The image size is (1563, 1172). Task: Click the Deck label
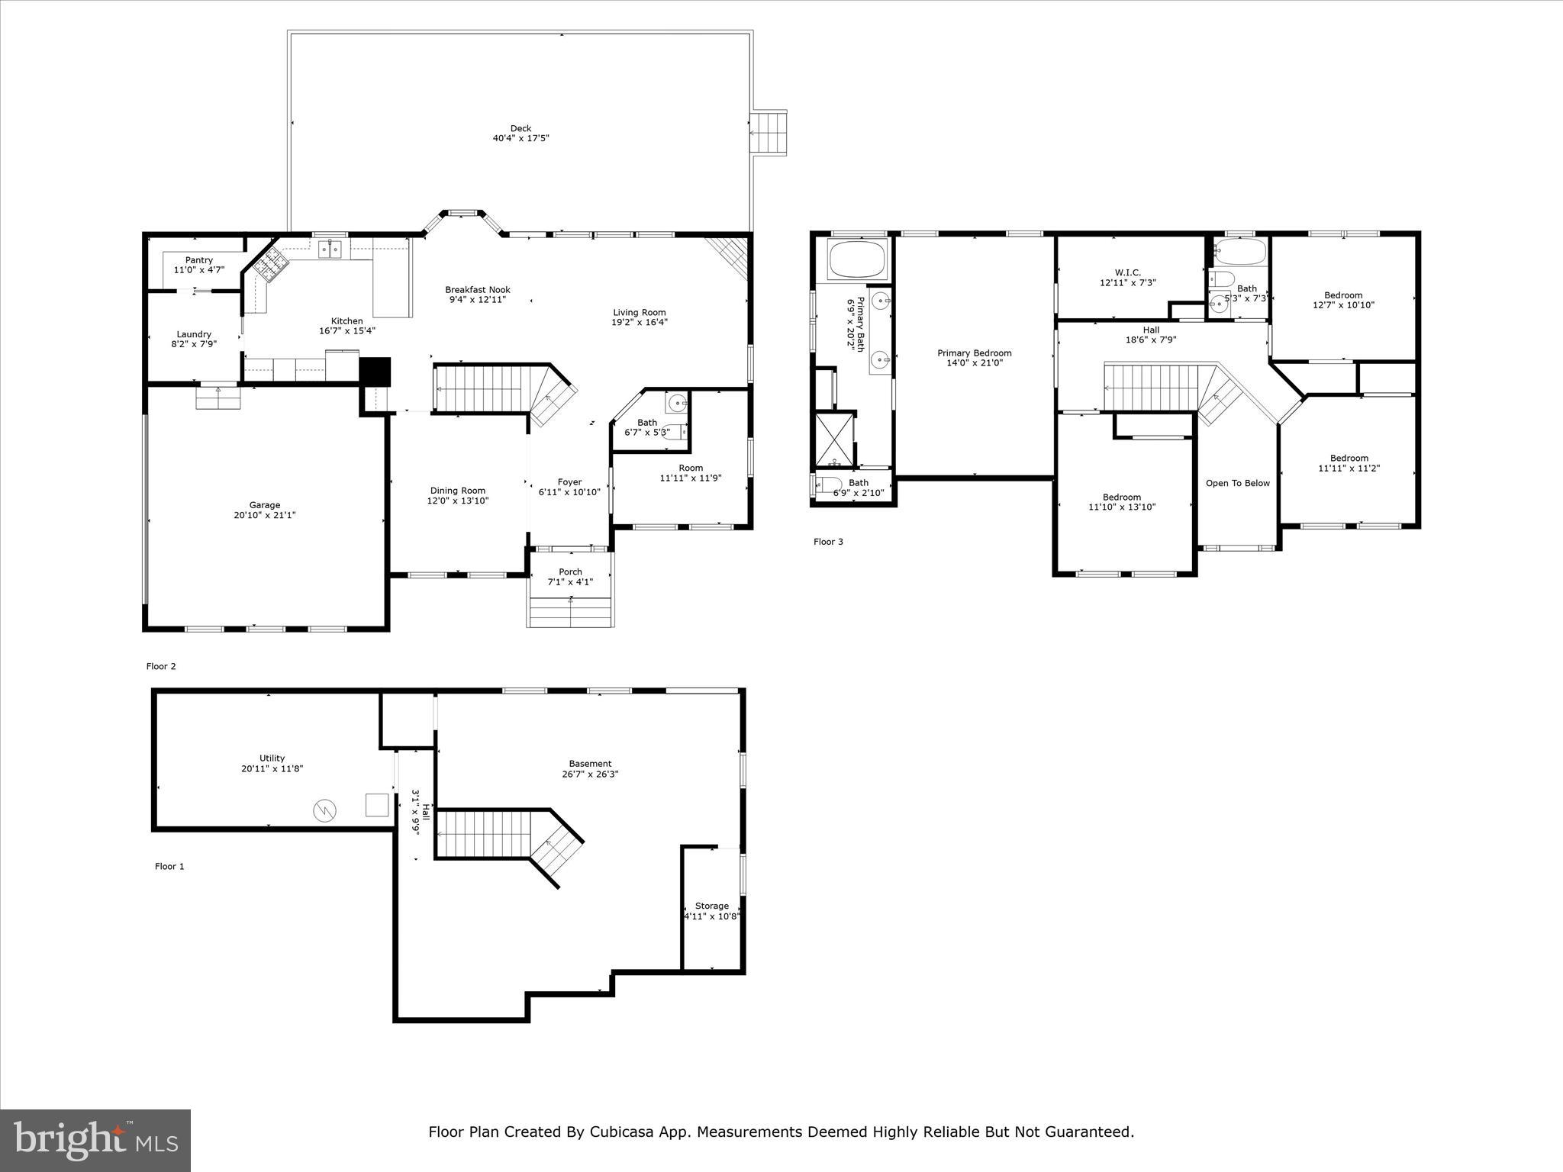pos(520,128)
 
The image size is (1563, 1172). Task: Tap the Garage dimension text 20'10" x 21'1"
pos(265,515)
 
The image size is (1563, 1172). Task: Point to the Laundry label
pos(194,334)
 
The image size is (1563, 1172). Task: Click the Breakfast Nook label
pos(478,290)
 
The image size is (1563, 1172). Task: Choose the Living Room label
pos(640,312)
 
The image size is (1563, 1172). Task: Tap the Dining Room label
pos(458,491)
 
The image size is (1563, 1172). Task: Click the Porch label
pos(570,572)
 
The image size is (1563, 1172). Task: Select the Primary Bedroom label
pos(975,353)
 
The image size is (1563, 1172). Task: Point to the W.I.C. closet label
pos(1128,272)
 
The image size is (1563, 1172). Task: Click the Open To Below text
pos(1238,483)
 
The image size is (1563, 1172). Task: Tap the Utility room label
pos(272,758)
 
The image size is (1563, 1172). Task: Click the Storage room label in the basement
pos(712,906)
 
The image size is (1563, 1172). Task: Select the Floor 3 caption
pos(828,542)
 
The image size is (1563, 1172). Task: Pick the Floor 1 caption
pos(169,866)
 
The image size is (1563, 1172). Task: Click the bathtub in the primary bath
pos(859,259)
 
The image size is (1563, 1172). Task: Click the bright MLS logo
pos(95,1140)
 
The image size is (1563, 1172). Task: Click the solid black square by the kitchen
pos(375,372)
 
